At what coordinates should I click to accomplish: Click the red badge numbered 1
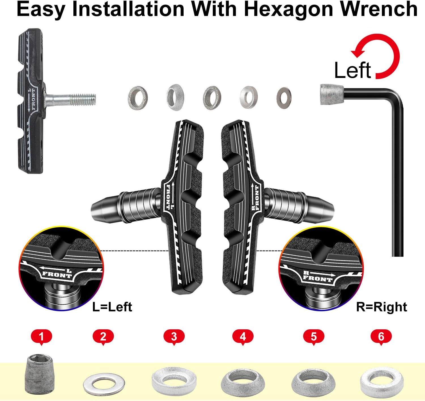(x=41, y=337)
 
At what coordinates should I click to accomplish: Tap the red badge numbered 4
(x=243, y=337)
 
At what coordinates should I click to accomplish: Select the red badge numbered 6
(x=381, y=337)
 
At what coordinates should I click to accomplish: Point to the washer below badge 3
(x=174, y=381)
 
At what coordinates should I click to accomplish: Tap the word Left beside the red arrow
(x=352, y=70)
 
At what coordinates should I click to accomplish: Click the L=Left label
(x=112, y=307)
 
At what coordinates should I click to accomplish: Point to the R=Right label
(x=382, y=307)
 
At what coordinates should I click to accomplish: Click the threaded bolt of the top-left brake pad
(x=71, y=99)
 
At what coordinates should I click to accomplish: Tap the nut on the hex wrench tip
(x=332, y=94)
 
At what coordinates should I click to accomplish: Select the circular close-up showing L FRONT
(x=61, y=268)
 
